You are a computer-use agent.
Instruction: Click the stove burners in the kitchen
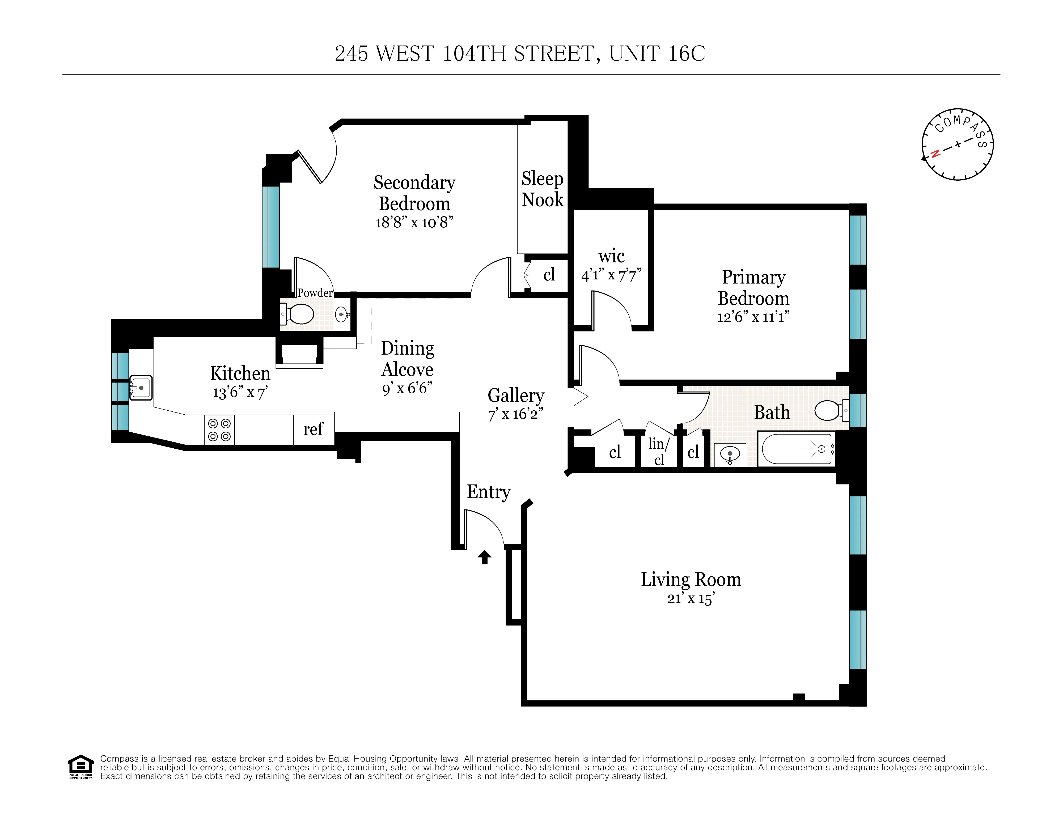click(x=219, y=430)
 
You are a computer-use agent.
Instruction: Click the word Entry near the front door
click(x=488, y=492)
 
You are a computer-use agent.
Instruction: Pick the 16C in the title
click(x=686, y=54)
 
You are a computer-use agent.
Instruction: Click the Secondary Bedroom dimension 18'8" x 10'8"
click(x=414, y=222)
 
